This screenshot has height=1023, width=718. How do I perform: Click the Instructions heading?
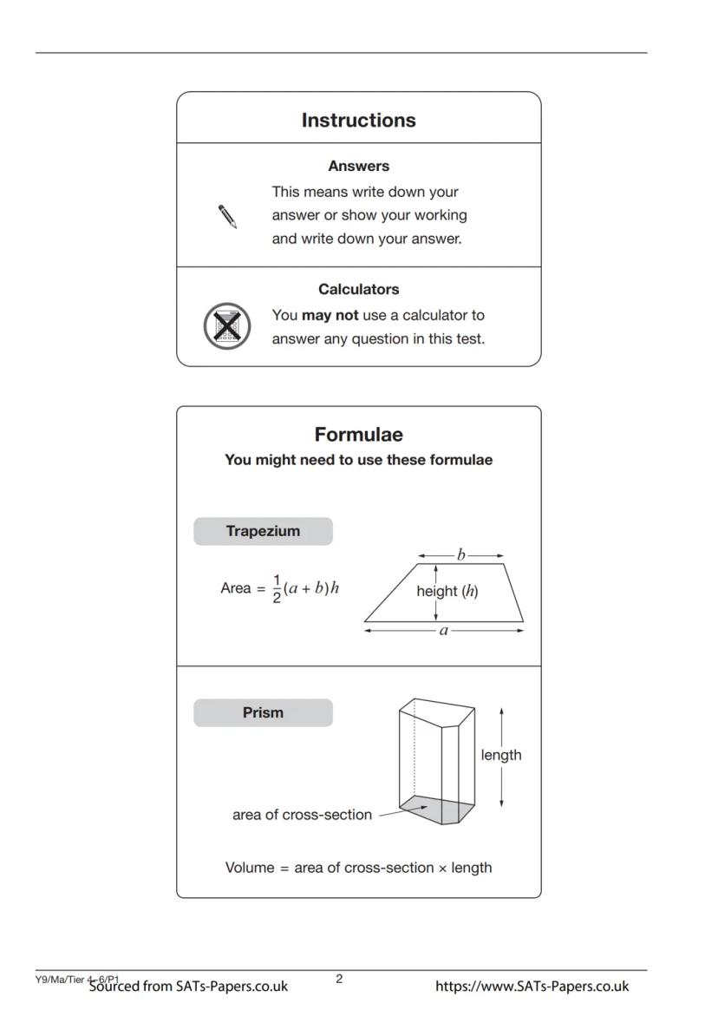(x=358, y=121)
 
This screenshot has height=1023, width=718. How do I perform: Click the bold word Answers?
(x=358, y=166)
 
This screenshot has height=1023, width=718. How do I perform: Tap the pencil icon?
(x=227, y=216)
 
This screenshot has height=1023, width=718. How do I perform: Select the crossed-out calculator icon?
(x=226, y=326)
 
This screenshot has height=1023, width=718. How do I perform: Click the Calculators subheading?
(x=358, y=289)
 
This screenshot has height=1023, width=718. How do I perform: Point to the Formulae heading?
(x=358, y=435)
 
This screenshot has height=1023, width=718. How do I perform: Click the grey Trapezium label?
(x=263, y=531)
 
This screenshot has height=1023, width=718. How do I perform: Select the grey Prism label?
(x=263, y=712)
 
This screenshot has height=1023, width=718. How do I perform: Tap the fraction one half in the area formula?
(x=277, y=588)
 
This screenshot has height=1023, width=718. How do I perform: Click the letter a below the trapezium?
(x=444, y=631)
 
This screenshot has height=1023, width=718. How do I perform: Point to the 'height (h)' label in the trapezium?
(x=447, y=591)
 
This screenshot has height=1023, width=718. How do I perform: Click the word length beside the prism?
(x=501, y=755)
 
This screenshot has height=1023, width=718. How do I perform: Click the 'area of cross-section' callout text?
(x=302, y=815)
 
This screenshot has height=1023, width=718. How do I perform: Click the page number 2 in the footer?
(x=339, y=979)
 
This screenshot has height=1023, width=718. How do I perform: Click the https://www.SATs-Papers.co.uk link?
(x=532, y=986)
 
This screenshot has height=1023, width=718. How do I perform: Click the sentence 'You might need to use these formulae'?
(x=358, y=460)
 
